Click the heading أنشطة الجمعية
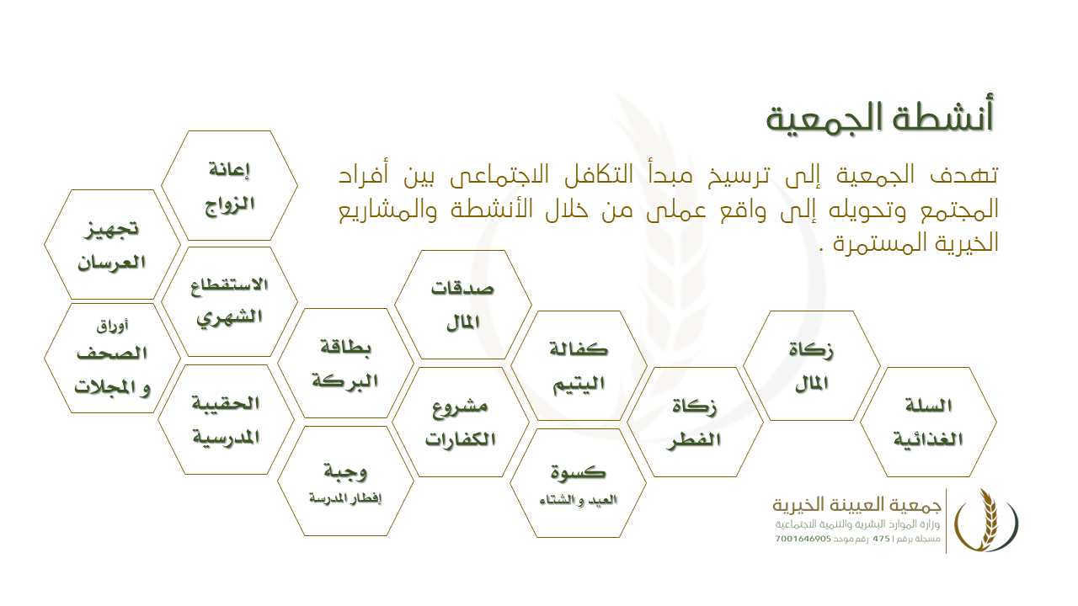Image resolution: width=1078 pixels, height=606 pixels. pyautogui.click(x=880, y=118)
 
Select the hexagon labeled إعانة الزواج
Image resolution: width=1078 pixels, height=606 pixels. pyautogui.click(x=230, y=186)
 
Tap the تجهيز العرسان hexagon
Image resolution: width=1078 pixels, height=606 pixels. pyautogui.click(x=112, y=244)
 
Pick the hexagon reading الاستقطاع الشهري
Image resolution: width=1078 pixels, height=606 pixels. pyautogui.click(x=230, y=302)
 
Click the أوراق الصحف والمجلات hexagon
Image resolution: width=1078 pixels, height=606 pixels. pyautogui.click(x=112, y=359)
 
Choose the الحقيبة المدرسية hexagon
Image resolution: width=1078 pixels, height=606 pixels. pyautogui.click(x=227, y=419)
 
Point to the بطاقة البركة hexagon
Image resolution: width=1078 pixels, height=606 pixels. pyautogui.click(x=345, y=363)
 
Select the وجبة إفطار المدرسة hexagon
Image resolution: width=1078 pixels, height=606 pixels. pyautogui.click(x=345, y=481)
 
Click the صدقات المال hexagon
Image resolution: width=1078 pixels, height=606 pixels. pyautogui.click(x=463, y=305)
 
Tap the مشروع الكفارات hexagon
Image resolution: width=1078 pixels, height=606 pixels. pyautogui.click(x=461, y=423)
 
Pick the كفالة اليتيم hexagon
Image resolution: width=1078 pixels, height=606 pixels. pyautogui.click(x=579, y=365)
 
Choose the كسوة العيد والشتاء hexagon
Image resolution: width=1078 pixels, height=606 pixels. pyautogui.click(x=578, y=483)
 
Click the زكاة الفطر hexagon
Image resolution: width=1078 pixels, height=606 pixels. pyautogui.click(x=695, y=423)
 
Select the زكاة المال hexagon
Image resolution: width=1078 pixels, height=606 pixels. pyautogui.click(x=812, y=365)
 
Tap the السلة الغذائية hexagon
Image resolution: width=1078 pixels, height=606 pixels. pyautogui.click(x=928, y=423)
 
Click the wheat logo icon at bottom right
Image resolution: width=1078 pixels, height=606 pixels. pyautogui.click(x=986, y=521)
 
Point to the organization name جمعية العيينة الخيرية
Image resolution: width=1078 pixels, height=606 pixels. pyautogui.click(x=857, y=505)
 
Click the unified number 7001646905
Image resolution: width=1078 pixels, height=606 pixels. pyautogui.click(x=803, y=540)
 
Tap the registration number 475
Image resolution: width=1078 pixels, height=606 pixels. pyautogui.click(x=881, y=540)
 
